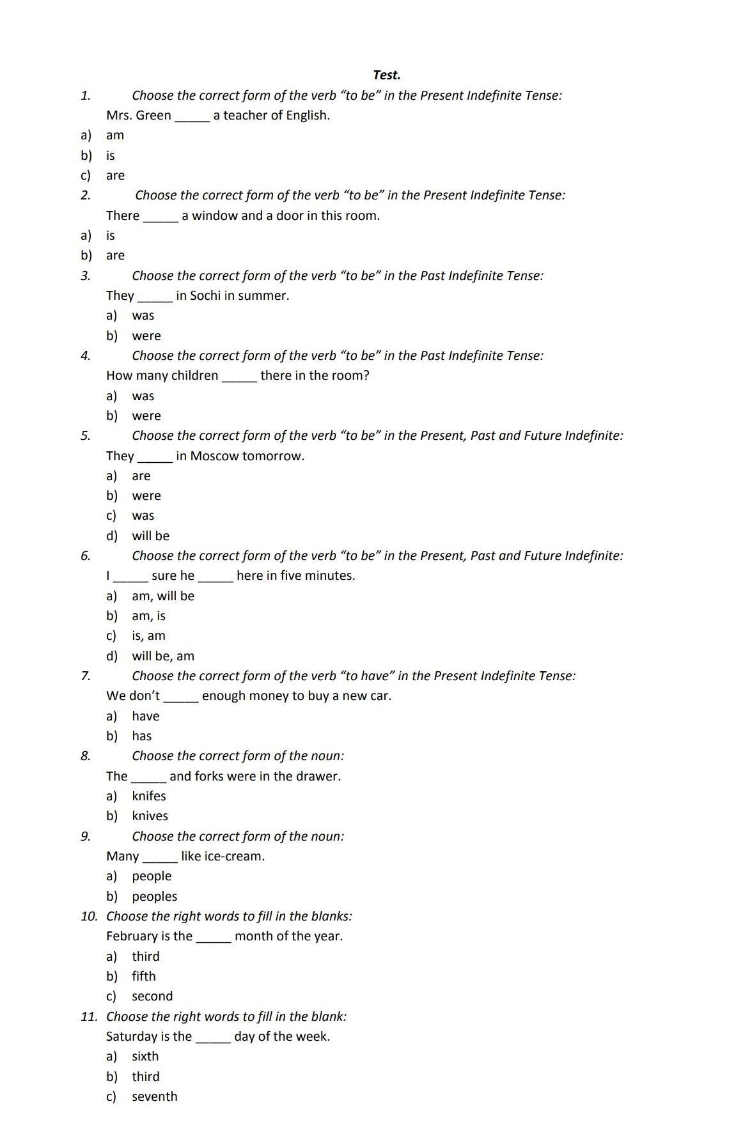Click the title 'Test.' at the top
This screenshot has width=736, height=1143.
pos(386,75)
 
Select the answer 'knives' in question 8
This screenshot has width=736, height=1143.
pos(150,816)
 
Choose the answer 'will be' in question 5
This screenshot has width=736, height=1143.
pos(150,536)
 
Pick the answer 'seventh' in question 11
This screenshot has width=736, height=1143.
pos(154,1096)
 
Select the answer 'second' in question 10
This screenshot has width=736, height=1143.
pos(152,996)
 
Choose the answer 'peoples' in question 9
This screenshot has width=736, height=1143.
pos(154,896)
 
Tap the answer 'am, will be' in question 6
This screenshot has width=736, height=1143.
pos(162,596)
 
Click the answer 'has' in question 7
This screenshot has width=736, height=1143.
pos(141,736)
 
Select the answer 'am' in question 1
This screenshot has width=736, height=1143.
pos(115,135)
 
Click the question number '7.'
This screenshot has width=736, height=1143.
pos(86,676)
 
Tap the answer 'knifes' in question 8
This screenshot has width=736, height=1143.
pos(148,796)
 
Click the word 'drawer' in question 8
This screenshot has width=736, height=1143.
pos(318,776)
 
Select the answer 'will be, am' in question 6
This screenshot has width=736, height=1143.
pos(162,656)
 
